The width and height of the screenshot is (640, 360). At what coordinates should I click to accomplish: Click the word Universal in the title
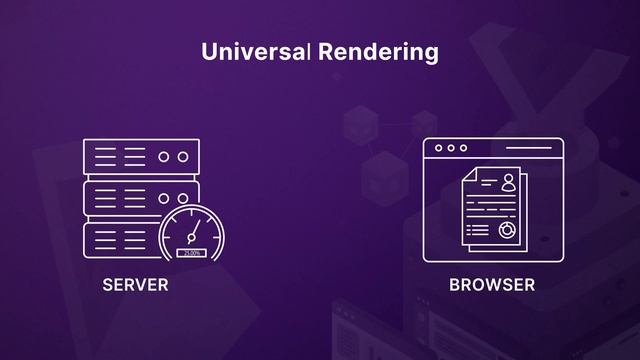pyautogui.click(x=255, y=52)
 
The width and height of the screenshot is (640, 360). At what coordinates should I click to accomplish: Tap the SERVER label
pyautogui.click(x=135, y=285)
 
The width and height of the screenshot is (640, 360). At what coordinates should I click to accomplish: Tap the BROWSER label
pyautogui.click(x=492, y=285)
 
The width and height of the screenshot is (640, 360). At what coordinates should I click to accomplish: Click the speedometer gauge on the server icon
pyautogui.click(x=193, y=237)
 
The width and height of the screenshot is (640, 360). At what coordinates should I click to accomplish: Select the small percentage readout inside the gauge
pyautogui.click(x=192, y=253)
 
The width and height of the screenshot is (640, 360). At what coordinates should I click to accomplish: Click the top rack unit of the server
pyautogui.click(x=141, y=157)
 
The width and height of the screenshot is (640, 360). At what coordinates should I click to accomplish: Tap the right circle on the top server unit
pyautogui.click(x=182, y=157)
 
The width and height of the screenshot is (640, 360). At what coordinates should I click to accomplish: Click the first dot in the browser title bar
pyautogui.click(x=437, y=148)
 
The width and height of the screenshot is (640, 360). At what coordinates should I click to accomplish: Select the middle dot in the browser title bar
pyautogui.click(x=450, y=148)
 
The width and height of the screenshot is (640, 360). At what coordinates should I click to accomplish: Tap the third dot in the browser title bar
pyautogui.click(x=463, y=148)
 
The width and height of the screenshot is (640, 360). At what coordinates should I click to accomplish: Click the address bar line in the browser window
pyautogui.click(x=521, y=148)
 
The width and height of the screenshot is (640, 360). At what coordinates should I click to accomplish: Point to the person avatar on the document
pyautogui.click(x=508, y=182)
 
